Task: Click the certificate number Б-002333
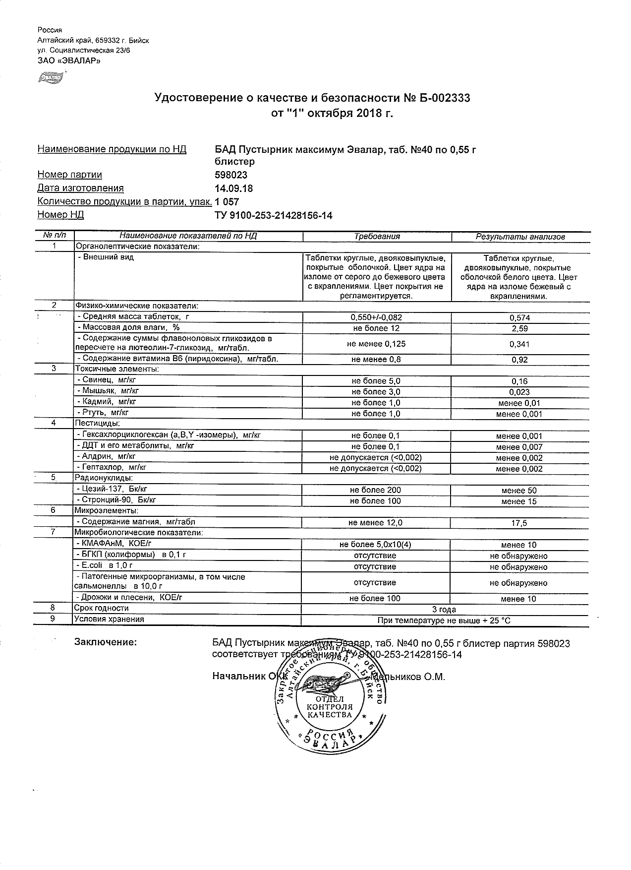[x=442, y=98]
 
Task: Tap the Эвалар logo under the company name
[x=51, y=78]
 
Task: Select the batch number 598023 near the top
[x=231, y=175]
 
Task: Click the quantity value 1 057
[x=227, y=202]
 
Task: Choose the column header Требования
[x=377, y=237]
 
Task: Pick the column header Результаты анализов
[x=520, y=237]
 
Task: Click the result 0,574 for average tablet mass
[x=519, y=318]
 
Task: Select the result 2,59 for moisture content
[x=519, y=329]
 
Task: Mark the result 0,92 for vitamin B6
[x=519, y=360]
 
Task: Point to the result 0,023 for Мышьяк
[x=519, y=392]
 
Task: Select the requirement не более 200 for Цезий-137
[x=375, y=490]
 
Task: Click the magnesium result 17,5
[x=519, y=523]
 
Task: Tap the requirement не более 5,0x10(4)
[x=375, y=545]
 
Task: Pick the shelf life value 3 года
[x=445, y=609]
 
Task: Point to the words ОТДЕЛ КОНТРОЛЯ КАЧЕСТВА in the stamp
[x=330, y=706]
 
